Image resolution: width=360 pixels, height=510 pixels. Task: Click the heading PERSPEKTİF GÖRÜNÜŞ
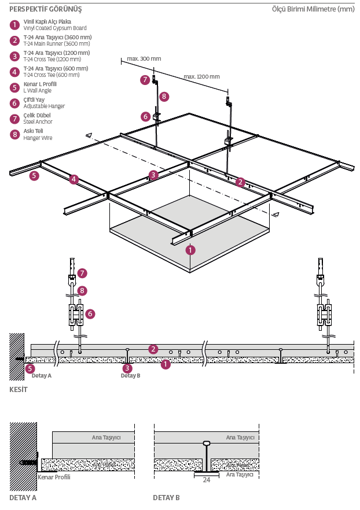(46, 9)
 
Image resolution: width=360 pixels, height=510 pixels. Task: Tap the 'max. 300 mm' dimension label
(144, 59)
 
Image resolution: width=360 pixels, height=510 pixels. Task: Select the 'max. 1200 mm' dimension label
(201, 76)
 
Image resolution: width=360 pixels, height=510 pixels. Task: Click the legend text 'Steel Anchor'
(38, 122)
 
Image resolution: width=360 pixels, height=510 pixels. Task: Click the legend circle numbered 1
(14, 25)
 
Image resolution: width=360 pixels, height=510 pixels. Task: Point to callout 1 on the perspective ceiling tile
(190, 250)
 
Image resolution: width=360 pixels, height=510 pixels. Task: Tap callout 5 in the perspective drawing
(34, 176)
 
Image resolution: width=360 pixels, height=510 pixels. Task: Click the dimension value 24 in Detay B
(206, 479)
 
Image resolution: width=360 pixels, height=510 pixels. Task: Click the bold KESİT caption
(19, 389)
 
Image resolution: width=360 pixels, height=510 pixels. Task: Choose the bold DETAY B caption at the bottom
(166, 497)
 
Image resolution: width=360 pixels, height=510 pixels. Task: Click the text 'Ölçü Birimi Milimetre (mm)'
(313, 9)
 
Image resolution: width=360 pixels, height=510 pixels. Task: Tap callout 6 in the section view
(90, 313)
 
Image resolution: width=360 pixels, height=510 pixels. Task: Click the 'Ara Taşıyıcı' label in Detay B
(240, 474)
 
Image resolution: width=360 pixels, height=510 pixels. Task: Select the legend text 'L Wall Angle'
(37, 91)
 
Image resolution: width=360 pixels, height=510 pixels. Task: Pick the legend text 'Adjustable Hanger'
(44, 106)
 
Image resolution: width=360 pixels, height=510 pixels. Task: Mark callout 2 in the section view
(153, 349)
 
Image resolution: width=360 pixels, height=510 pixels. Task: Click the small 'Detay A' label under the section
(42, 375)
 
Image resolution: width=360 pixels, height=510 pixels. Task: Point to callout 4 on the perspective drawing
(74, 179)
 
